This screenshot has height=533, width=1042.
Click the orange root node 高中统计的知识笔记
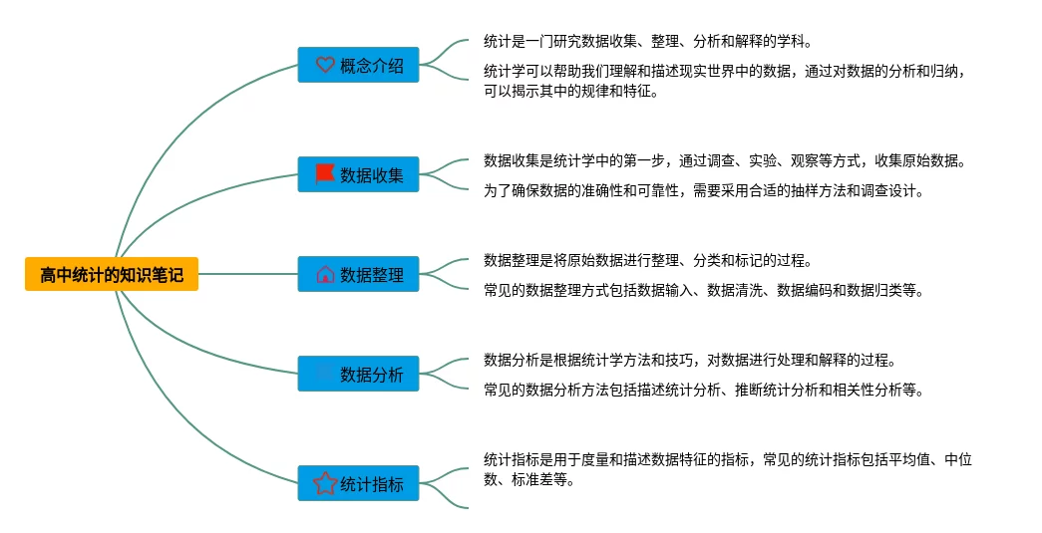click(112, 274)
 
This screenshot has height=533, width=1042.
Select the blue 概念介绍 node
click(358, 65)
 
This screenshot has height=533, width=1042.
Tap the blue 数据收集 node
click(358, 174)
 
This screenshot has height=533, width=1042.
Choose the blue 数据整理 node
click(358, 274)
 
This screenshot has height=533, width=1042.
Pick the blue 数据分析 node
click(358, 374)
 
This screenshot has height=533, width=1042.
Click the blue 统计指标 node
click(358, 483)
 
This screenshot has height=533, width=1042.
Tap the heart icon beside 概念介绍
click(325, 65)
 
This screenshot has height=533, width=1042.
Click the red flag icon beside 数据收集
click(325, 174)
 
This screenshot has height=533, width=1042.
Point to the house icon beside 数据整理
click(325, 274)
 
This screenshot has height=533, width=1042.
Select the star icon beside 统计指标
click(325, 483)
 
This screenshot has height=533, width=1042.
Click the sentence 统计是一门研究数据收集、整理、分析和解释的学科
click(647, 42)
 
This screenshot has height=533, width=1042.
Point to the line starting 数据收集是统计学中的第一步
click(724, 160)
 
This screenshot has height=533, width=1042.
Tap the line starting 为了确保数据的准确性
click(703, 191)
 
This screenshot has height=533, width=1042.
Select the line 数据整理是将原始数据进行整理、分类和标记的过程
click(647, 261)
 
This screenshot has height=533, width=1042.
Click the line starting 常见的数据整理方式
click(703, 291)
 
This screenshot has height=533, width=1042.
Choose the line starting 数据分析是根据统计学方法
click(689, 360)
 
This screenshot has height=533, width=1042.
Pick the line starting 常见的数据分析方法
click(703, 391)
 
